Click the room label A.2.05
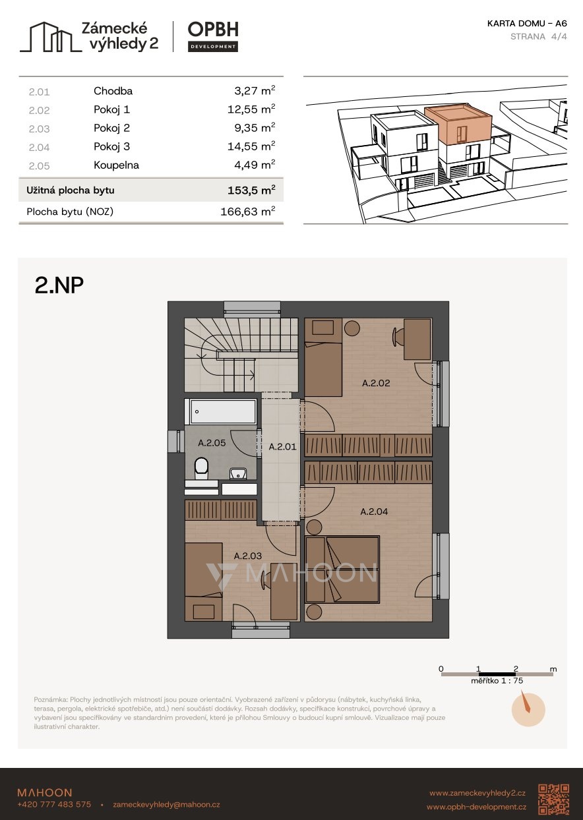pyautogui.click(x=212, y=443)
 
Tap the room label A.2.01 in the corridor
pyautogui.click(x=282, y=447)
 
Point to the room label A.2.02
pyautogui.click(x=376, y=383)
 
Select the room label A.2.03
pyautogui.click(x=248, y=556)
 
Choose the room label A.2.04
pyautogui.click(x=374, y=512)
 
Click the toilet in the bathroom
pyautogui.click(x=201, y=468)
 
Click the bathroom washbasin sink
pyautogui.click(x=238, y=474)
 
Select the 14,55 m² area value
pyautogui.click(x=251, y=146)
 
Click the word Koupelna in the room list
pyautogui.click(x=117, y=165)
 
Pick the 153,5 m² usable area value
pyautogui.click(x=251, y=190)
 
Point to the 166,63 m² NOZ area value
pyautogui.click(x=247, y=212)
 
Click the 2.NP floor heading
pyautogui.click(x=59, y=285)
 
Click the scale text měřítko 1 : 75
pyautogui.click(x=497, y=681)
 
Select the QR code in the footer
pyautogui.click(x=554, y=800)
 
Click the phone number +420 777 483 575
pyautogui.click(x=54, y=804)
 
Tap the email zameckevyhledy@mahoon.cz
pyautogui.click(x=167, y=805)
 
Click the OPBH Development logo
pyautogui.click(x=213, y=36)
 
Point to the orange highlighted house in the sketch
pyautogui.click(x=458, y=125)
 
